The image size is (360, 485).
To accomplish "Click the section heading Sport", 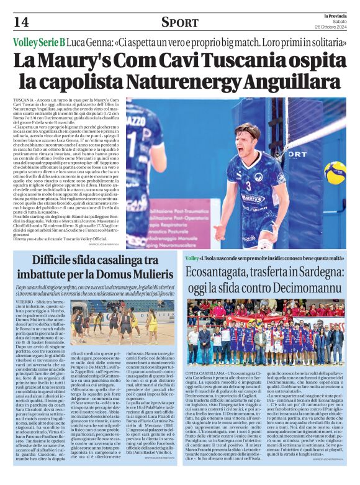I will (x=180, y=22).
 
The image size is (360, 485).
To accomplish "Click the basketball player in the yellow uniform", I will (x=152, y=324).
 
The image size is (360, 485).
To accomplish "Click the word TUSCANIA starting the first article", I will (x=23, y=100).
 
